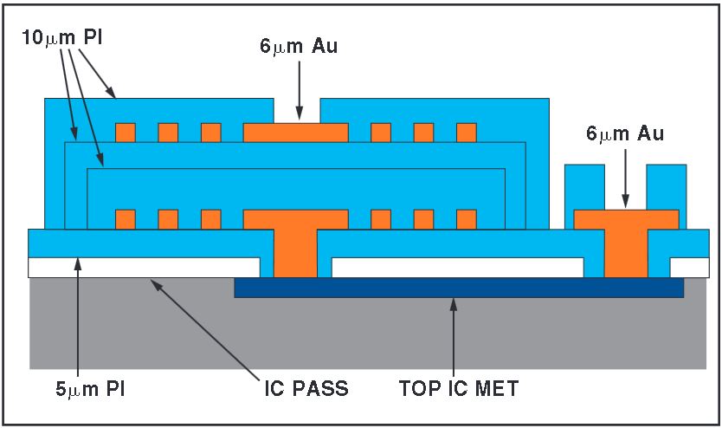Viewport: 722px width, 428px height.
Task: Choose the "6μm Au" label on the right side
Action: tap(624, 134)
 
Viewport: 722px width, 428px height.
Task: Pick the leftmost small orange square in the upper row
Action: tap(126, 132)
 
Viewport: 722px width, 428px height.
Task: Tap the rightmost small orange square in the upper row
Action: tap(467, 132)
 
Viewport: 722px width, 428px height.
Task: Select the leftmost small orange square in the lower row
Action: tap(126, 218)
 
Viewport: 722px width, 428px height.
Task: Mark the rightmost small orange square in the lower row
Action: tap(467, 218)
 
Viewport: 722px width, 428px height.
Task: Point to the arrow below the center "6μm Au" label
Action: tap(299, 88)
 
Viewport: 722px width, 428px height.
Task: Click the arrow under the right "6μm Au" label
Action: tap(624, 178)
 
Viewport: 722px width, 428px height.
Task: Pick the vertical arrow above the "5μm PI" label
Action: tap(79, 312)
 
